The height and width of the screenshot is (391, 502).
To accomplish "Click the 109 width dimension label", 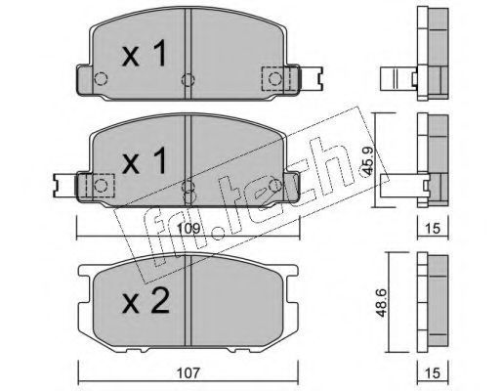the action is coord(188,229).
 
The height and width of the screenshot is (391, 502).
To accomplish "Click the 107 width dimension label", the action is coord(188,372).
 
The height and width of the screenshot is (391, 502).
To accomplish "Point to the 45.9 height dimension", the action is coord(367,161).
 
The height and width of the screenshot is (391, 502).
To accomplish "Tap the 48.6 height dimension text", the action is coord(381,303).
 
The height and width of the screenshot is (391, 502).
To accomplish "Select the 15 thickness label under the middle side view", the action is coord(433,229).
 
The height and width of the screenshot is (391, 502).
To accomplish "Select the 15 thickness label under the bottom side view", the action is coord(433,372).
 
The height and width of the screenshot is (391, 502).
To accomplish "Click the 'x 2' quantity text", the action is coord(146,302).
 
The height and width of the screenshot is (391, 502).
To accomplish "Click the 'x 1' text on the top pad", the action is coord(145,54).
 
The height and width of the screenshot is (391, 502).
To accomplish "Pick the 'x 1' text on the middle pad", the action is coord(145,159).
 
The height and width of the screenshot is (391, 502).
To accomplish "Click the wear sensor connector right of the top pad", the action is coord(311,78).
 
